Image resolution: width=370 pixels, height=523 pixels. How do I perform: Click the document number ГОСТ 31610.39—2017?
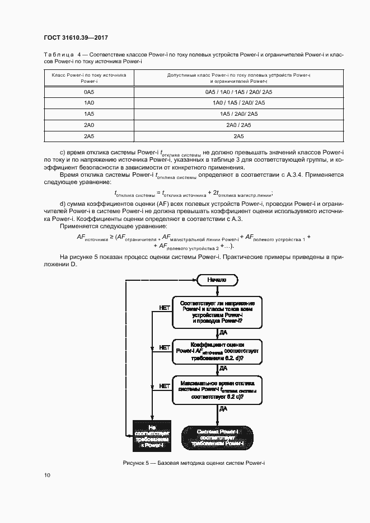[76, 37]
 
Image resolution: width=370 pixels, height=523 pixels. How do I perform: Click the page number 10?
[47, 475]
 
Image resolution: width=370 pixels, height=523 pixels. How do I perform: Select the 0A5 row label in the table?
[89, 92]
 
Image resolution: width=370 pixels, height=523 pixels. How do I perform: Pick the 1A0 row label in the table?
[89, 103]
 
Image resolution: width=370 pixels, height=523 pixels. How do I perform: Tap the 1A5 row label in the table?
[89, 114]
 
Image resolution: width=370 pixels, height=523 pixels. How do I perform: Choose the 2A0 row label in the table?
[89, 125]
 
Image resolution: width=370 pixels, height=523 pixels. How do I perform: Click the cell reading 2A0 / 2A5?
[238, 125]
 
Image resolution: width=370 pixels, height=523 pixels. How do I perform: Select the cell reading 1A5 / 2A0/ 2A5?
[238, 114]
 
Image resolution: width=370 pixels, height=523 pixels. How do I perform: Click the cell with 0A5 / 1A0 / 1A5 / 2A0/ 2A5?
[238, 92]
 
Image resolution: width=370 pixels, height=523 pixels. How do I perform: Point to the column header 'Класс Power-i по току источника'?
[89, 78]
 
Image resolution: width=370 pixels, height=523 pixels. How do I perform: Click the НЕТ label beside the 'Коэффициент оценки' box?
[165, 347]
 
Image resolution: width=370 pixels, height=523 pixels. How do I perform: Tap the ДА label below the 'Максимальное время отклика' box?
[223, 409]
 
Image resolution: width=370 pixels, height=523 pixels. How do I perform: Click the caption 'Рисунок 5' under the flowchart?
[194, 464]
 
